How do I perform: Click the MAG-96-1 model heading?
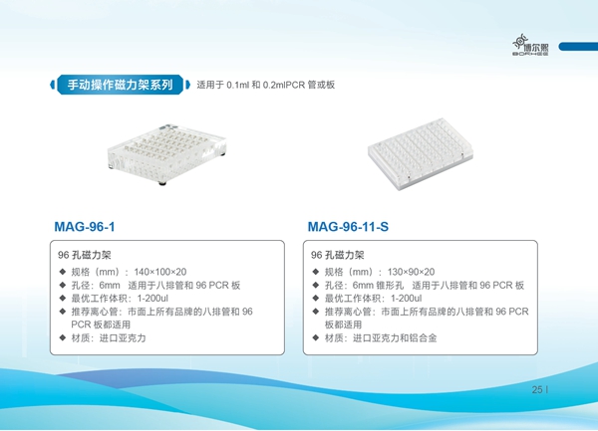point(85,227)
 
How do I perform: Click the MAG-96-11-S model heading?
point(348,227)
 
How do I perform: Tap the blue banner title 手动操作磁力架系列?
point(121,85)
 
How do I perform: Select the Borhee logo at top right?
point(531,45)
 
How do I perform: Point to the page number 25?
point(537,389)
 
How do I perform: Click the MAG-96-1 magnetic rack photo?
point(166,154)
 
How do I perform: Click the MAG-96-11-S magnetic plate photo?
point(421,153)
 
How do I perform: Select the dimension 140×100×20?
point(160,272)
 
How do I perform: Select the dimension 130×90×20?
point(411,272)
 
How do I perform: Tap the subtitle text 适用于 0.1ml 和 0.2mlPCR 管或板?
point(266,85)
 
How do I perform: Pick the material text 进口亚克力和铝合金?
point(395,337)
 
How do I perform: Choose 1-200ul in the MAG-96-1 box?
point(152,299)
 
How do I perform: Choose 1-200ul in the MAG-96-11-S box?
point(407,299)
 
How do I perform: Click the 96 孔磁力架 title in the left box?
point(85,255)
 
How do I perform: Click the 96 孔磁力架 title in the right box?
point(338,255)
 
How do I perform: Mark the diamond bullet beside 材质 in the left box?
point(63,337)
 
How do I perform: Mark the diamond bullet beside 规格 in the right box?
point(316,272)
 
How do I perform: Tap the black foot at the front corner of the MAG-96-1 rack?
point(162,183)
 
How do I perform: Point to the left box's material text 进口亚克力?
point(123,337)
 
